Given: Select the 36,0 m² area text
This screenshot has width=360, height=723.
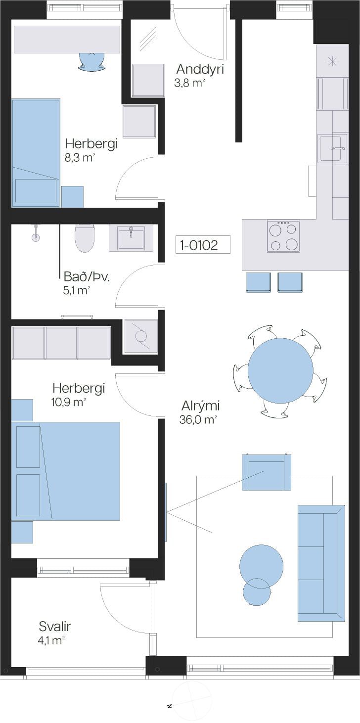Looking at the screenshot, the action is [x=198, y=419].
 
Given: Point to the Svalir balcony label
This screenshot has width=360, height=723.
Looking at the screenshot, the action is [x=54, y=627].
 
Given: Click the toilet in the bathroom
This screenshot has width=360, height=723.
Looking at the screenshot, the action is [x=85, y=238].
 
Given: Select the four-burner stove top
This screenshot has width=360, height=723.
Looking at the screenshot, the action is [x=283, y=236].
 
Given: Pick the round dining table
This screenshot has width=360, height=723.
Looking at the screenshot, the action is [x=280, y=370].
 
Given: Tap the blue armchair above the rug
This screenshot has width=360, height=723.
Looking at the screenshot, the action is [x=267, y=472].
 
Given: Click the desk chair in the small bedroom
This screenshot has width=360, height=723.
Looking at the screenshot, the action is [x=92, y=61].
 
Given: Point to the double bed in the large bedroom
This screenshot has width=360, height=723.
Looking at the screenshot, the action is [x=66, y=471].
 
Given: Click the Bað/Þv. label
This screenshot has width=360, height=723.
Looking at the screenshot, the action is [x=87, y=277].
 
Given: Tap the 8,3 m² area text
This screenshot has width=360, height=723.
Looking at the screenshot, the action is [x=80, y=158].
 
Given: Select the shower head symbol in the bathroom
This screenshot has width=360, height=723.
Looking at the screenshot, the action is [x=36, y=234].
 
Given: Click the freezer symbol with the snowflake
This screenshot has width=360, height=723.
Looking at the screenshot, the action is [x=332, y=61].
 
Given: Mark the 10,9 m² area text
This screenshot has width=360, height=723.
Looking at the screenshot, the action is [x=68, y=402].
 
